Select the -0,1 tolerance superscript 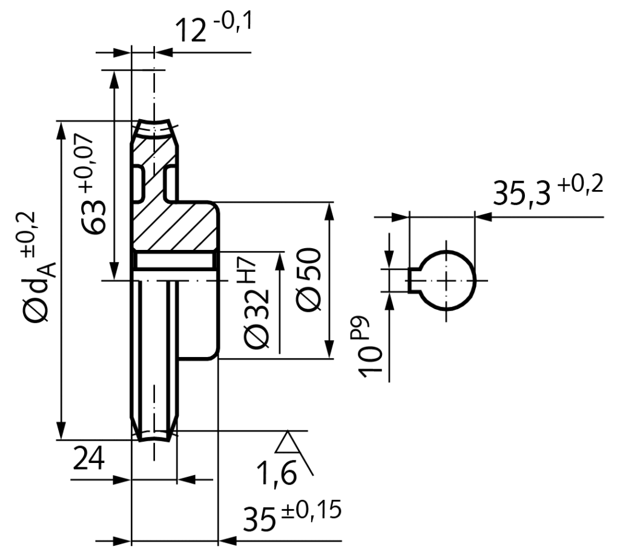[x=232, y=23]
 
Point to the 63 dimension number [x=96, y=218]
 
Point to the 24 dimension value [x=88, y=459]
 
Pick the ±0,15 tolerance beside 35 [x=309, y=510]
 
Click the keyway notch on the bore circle [x=414, y=281]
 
